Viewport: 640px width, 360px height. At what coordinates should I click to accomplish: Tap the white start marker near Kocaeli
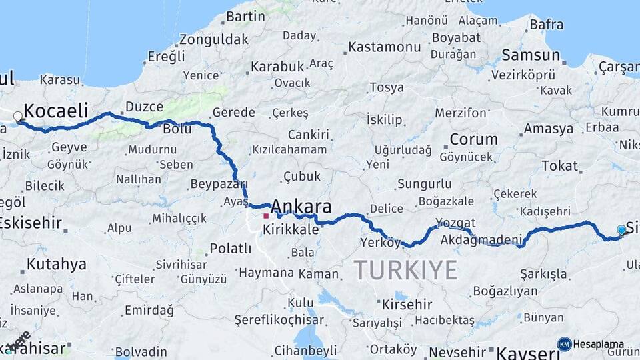coord(18,116)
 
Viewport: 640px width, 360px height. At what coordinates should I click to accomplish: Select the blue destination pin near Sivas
coord(621,230)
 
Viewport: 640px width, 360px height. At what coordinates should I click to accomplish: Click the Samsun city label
coord(531,55)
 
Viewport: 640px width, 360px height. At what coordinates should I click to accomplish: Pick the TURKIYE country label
coord(405,270)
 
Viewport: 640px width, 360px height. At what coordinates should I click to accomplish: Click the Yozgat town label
coord(455,223)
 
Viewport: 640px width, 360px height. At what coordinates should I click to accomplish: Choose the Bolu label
coord(177,129)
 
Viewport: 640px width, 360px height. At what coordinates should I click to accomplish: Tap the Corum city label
coord(473,139)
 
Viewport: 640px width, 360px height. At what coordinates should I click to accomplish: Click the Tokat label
coord(559,165)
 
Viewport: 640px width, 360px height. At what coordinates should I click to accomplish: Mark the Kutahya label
coord(56,264)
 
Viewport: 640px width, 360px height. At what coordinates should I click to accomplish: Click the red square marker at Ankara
coord(266,215)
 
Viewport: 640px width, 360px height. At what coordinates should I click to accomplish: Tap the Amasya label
coord(548,128)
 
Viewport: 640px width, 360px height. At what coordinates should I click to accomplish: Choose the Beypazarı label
coord(219,184)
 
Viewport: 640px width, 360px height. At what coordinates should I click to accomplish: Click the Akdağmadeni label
coord(481,240)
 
